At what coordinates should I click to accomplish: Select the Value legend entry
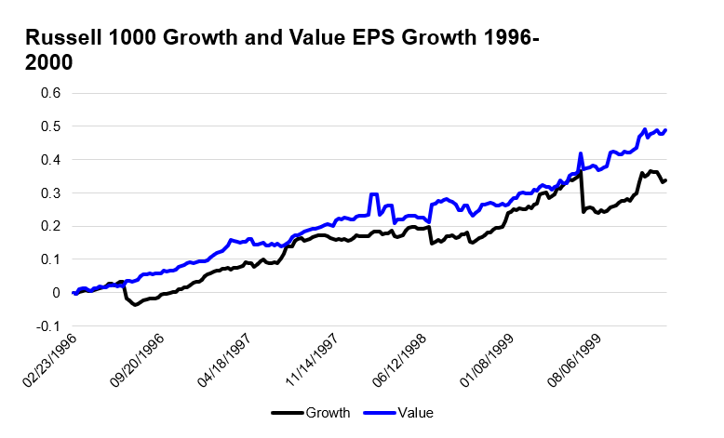coord(415,412)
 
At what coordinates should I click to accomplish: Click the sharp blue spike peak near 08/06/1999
coord(581,153)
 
